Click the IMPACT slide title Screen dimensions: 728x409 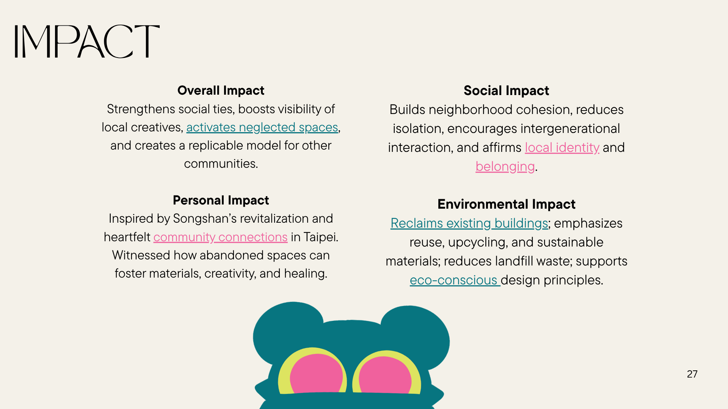point(87,41)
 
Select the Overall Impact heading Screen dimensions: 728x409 point(221,91)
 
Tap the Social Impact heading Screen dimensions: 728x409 point(506,91)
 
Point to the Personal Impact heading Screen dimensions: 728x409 point(221,200)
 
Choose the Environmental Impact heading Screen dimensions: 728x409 point(506,204)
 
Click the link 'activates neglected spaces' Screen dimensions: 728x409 point(262,128)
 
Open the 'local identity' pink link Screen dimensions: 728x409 point(562,147)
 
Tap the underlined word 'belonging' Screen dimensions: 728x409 point(505,167)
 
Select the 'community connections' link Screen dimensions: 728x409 point(220,237)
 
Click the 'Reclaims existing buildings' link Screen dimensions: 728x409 point(469,223)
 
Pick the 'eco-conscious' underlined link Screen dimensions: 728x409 point(455,280)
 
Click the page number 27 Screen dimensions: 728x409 point(692,374)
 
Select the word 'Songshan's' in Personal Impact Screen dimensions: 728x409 point(205,219)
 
